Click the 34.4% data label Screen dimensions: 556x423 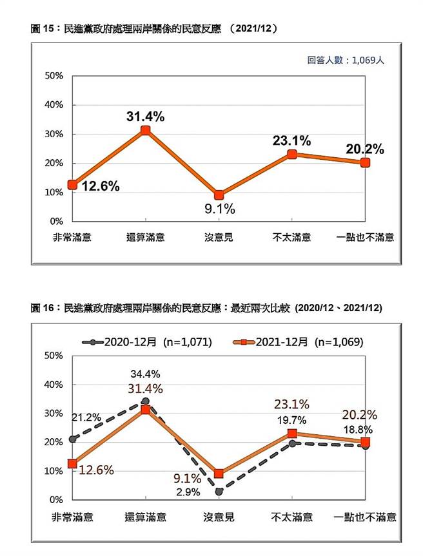145,374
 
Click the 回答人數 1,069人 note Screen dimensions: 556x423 346,60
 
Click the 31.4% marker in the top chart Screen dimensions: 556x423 146,131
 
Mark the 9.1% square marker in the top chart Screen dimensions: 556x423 219,195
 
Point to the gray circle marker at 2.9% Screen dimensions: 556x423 219,492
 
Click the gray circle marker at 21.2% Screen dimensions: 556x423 73,439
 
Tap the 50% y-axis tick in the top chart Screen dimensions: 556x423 54,76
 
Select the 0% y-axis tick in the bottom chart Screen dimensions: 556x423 57,500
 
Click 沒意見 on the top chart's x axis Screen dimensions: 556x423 219,237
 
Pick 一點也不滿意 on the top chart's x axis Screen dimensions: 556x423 365,237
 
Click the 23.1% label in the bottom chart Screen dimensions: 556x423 291,405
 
